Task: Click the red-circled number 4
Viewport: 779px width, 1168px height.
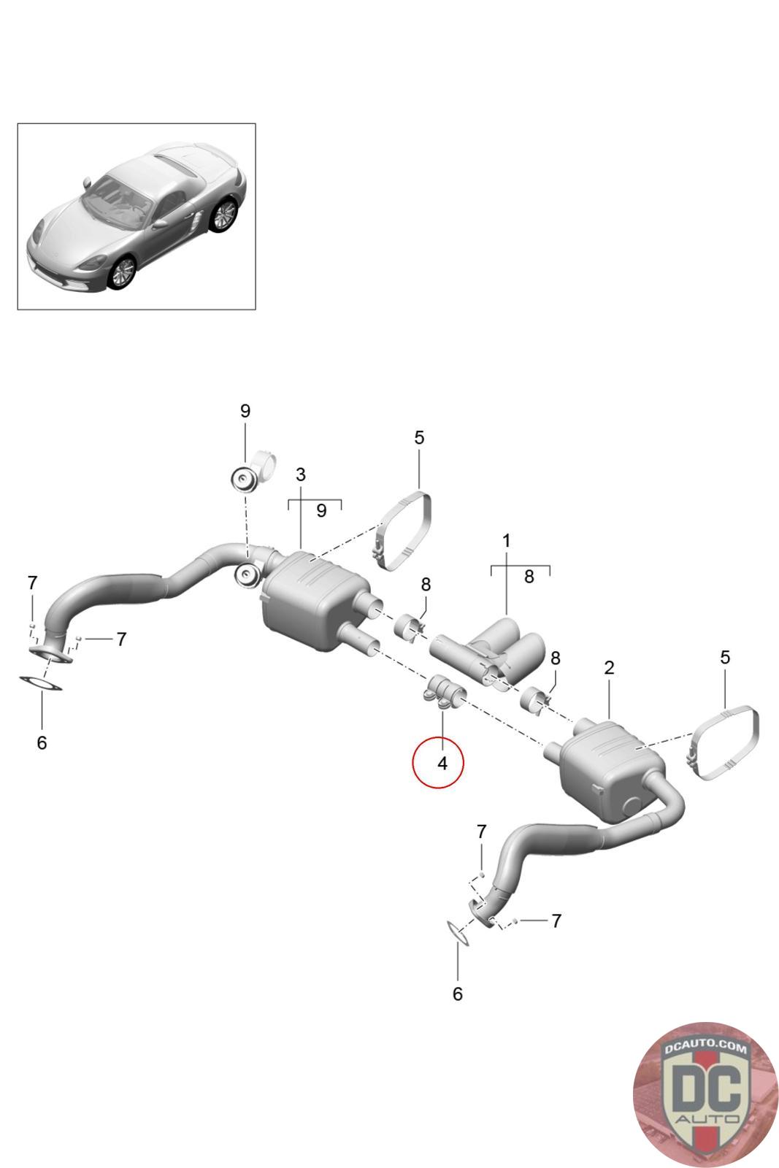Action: (x=442, y=764)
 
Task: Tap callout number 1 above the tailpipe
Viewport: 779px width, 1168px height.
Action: (x=506, y=541)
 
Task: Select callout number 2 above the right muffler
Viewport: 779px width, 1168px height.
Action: (x=609, y=667)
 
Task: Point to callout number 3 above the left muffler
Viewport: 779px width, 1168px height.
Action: (x=300, y=474)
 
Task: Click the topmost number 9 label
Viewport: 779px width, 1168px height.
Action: (x=245, y=411)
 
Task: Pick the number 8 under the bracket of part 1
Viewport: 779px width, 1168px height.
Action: (x=529, y=576)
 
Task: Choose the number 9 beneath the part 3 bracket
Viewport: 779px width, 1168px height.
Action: (x=321, y=510)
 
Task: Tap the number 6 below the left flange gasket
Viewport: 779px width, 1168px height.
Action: (x=42, y=742)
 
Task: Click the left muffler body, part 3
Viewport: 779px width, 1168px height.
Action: (x=313, y=599)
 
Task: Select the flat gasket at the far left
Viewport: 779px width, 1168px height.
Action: (x=40, y=683)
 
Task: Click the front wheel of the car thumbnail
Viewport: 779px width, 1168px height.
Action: (x=122, y=271)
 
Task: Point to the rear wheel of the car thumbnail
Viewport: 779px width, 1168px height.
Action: (x=224, y=215)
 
